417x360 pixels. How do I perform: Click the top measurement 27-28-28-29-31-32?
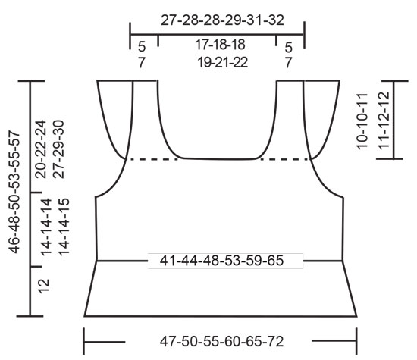tap(217, 21)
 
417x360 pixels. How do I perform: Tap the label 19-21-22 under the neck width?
tap(217, 63)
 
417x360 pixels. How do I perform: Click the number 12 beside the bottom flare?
tap(45, 285)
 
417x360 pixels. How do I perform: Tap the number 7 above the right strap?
tap(289, 63)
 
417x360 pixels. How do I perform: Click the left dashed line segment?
tap(152, 159)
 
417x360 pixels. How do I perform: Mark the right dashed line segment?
tap(284, 159)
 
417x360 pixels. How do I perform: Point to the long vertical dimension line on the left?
tap(30, 197)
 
